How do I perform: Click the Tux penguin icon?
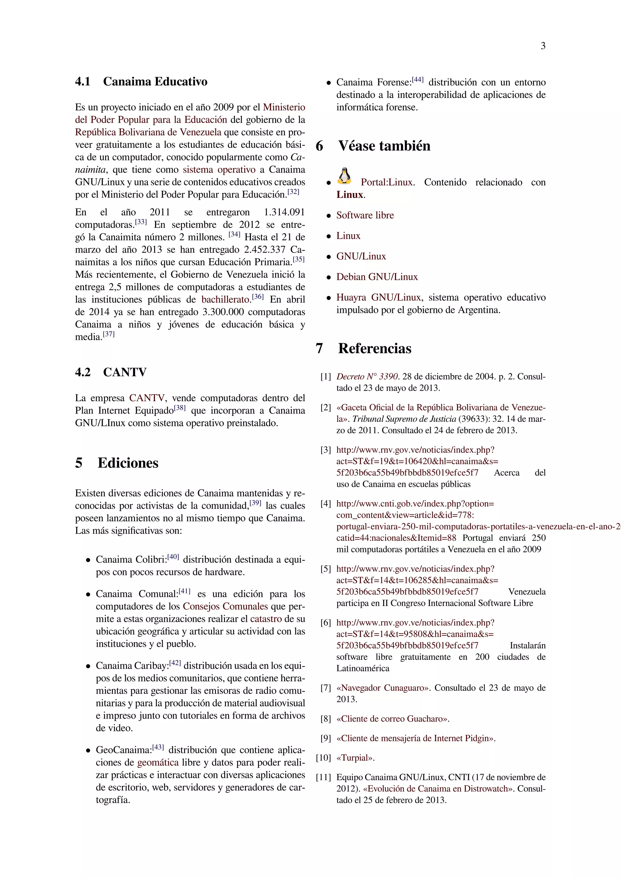[344, 176]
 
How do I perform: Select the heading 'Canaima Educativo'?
[155, 82]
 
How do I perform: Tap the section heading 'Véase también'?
[384, 146]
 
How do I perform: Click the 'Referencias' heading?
[374, 348]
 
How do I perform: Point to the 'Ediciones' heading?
[128, 463]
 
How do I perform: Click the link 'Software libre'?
[365, 215]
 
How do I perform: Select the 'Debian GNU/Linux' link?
[377, 277]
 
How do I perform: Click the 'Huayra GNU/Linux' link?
[378, 297]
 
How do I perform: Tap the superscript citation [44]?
[418, 79]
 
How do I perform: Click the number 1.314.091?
[284, 212]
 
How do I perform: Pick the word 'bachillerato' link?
[226, 300]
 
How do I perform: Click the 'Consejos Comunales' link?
[225, 606]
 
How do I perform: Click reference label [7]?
[325, 688]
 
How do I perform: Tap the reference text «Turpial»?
[355, 758]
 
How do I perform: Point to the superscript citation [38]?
[180, 408]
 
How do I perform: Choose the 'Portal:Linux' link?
[387, 183]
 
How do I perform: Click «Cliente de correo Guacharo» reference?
[392, 719]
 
